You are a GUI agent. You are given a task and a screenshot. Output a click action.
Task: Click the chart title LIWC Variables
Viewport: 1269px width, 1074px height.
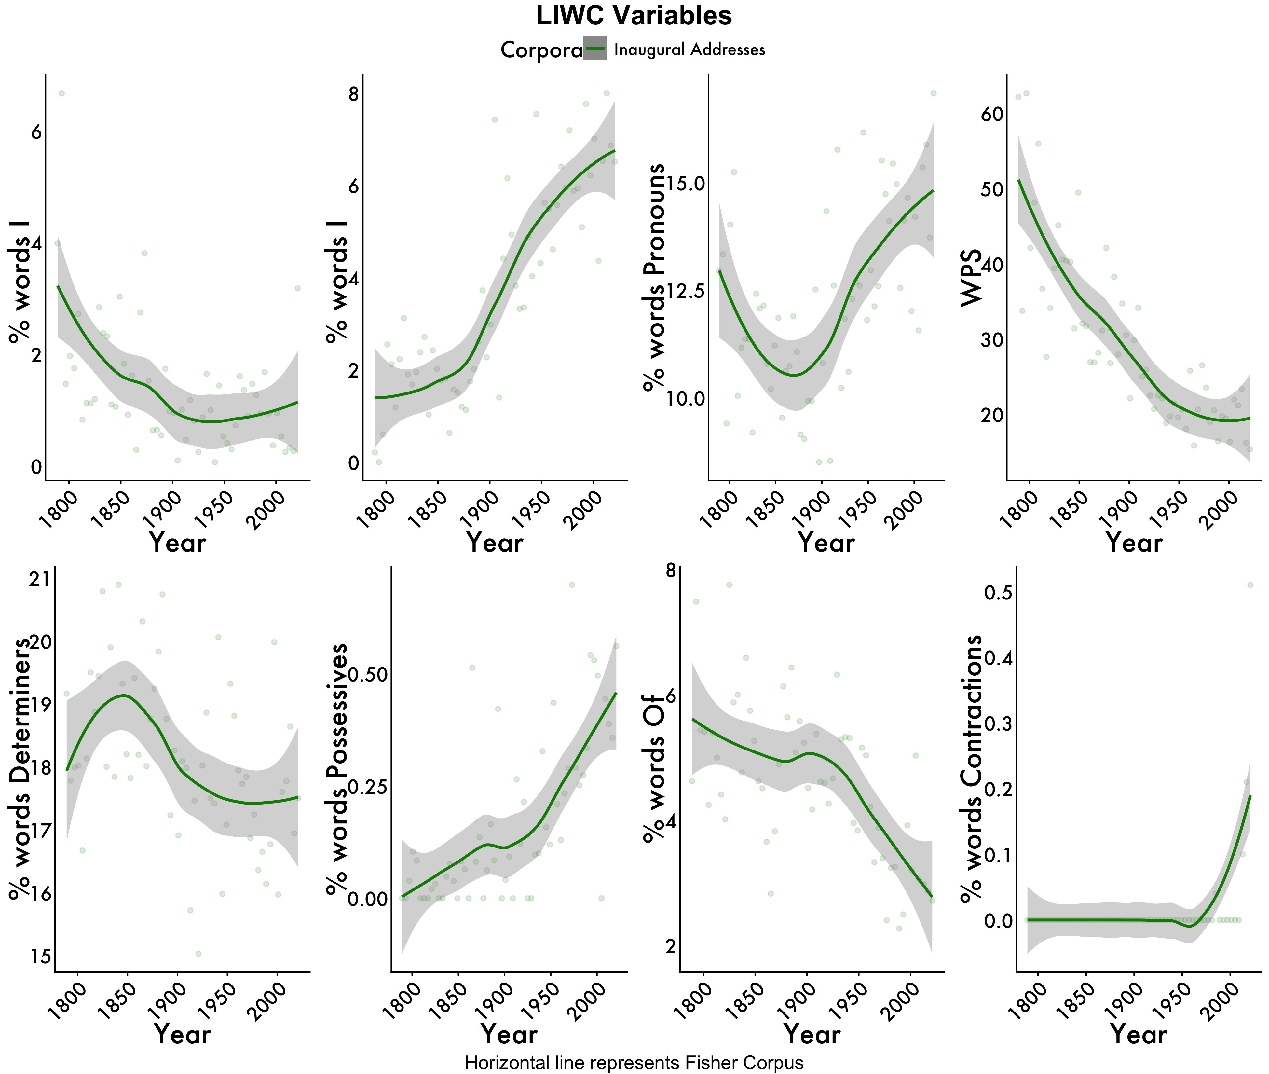[x=634, y=16]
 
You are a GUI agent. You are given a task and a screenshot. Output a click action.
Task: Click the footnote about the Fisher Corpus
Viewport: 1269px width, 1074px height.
[x=634, y=1062]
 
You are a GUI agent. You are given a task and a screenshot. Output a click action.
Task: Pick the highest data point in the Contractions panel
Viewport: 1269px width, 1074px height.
[x=1250, y=585]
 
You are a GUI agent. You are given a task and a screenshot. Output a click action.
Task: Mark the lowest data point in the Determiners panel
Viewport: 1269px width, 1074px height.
[x=198, y=954]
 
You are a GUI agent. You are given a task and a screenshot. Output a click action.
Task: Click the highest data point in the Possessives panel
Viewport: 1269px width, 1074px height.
[x=571, y=585]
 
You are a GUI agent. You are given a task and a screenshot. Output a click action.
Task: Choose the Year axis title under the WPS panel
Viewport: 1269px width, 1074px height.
[x=1133, y=542]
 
